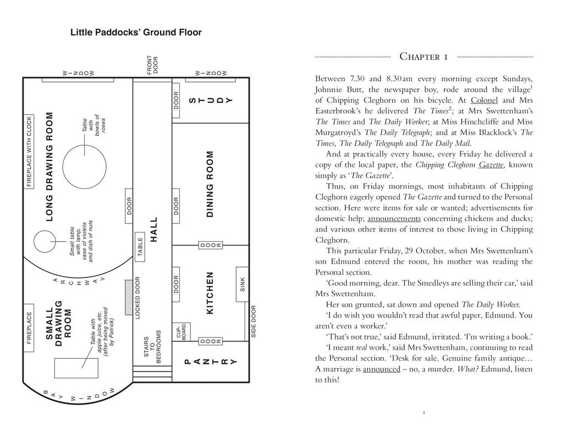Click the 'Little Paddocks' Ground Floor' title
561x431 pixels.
(x=136, y=32)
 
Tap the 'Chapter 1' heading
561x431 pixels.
(x=424, y=57)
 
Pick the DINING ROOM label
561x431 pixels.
(x=210, y=184)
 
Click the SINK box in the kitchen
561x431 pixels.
(x=243, y=286)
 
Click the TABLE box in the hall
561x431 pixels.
(x=140, y=247)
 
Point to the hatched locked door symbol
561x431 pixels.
(x=128, y=290)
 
